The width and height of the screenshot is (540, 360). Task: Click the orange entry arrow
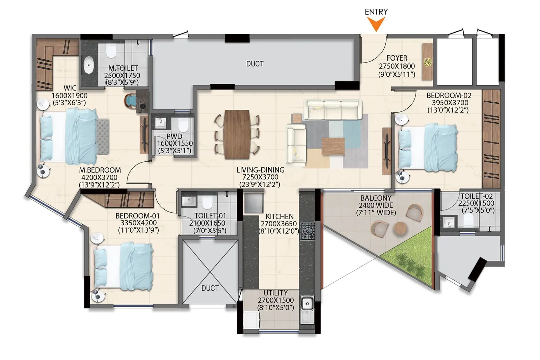[x=376, y=24]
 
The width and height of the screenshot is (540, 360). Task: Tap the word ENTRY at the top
[x=376, y=12]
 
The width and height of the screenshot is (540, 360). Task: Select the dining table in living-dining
[x=237, y=134]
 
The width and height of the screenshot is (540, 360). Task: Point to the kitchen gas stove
[x=307, y=231]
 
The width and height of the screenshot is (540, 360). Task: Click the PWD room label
[x=174, y=136]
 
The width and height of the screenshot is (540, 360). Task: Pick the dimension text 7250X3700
[x=260, y=177]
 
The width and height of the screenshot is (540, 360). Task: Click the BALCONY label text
[x=376, y=198]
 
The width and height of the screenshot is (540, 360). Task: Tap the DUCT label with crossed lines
[x=210, y=288]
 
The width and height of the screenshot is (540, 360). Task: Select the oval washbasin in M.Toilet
[x=89, y=65]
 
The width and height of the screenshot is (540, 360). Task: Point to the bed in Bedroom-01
[x=123, y=266]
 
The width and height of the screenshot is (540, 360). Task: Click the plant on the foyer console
[x=428, y=62]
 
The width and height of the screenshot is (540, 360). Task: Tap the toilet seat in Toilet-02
[x=468, y=220]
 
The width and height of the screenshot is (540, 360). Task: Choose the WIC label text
[x=70, y=88]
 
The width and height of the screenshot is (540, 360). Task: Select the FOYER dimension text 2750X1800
[x=397, y=66]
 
